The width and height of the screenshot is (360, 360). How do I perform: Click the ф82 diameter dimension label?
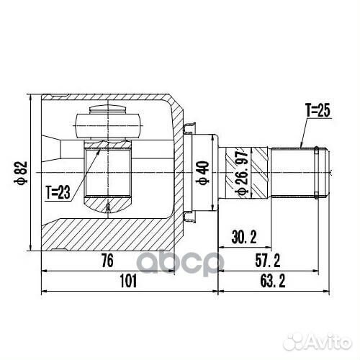(21, 173)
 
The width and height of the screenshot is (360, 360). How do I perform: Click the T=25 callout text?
(317, 111)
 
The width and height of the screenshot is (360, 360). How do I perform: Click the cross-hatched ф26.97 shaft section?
(232, 173)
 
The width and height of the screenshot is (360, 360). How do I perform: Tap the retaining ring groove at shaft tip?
(319, 173)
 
